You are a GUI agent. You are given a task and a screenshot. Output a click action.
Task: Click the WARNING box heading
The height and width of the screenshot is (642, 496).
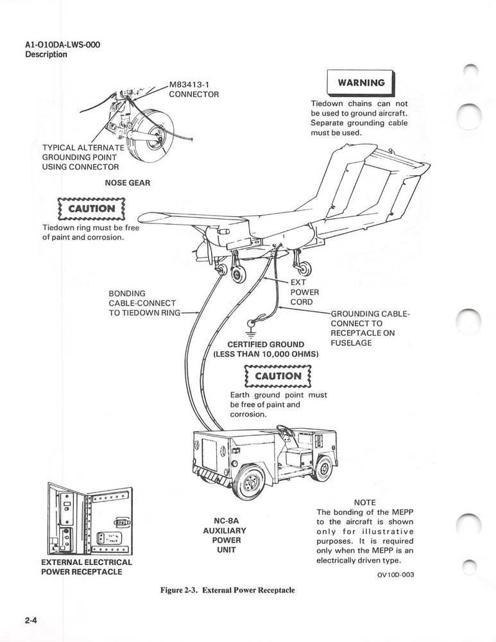[361, 83]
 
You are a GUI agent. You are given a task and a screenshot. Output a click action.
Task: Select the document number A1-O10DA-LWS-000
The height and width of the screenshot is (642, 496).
[62, 44]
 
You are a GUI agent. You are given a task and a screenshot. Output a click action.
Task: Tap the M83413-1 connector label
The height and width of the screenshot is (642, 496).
[194, 89]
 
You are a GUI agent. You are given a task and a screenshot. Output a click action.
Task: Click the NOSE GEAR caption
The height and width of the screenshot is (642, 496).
[127, 183]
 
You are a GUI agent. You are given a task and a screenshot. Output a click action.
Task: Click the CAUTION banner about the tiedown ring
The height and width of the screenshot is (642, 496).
[91, 209]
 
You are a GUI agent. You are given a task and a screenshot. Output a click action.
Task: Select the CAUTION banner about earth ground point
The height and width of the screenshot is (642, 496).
[277, 376]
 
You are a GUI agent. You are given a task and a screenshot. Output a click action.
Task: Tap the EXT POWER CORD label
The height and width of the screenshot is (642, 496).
[301, 291]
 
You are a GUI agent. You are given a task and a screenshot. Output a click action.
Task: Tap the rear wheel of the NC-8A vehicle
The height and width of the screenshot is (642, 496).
[322, 468]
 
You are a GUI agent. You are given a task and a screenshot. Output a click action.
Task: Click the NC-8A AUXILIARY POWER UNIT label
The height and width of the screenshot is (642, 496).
[227, 535]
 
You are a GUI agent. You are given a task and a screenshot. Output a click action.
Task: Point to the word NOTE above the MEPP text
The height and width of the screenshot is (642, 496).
[364, 502]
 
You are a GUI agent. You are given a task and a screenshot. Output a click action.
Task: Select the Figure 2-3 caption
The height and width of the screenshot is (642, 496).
[227, 590]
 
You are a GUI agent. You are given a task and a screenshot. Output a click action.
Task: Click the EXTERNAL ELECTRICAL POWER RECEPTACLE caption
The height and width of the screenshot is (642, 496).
[86, 567]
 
